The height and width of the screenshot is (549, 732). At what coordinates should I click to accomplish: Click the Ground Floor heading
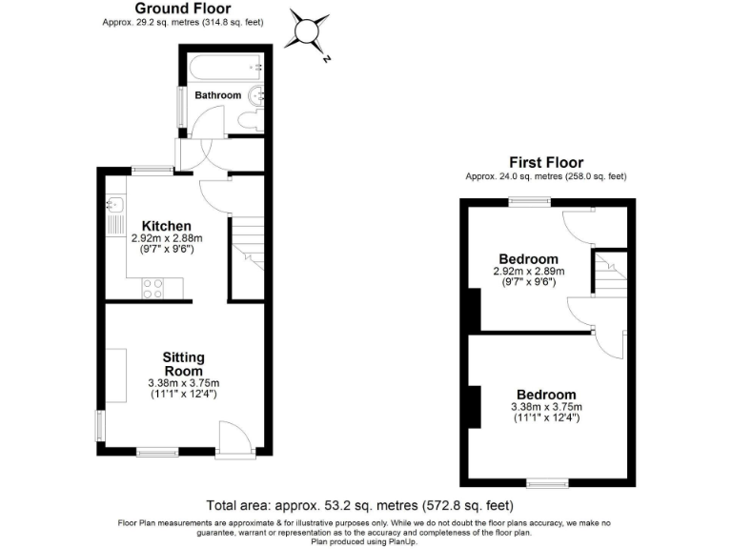[x=182, y=9]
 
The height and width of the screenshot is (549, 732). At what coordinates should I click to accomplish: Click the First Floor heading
[x=545, y=163]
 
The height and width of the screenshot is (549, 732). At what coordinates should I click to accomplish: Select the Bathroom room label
[x=218, y=95]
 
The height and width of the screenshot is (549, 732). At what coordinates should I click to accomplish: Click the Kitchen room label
[x=167, y=226]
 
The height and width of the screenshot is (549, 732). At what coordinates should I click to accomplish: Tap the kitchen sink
[x=116, y=203]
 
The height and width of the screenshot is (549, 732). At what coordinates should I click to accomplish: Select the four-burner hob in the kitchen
[x=152, y=287]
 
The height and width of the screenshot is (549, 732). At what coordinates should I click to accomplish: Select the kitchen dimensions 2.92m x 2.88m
[x=167, y=238]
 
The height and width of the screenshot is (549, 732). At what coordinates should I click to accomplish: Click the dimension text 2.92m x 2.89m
[x=528, y=272]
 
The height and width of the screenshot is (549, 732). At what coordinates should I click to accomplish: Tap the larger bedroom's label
[x=546, y=395]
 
